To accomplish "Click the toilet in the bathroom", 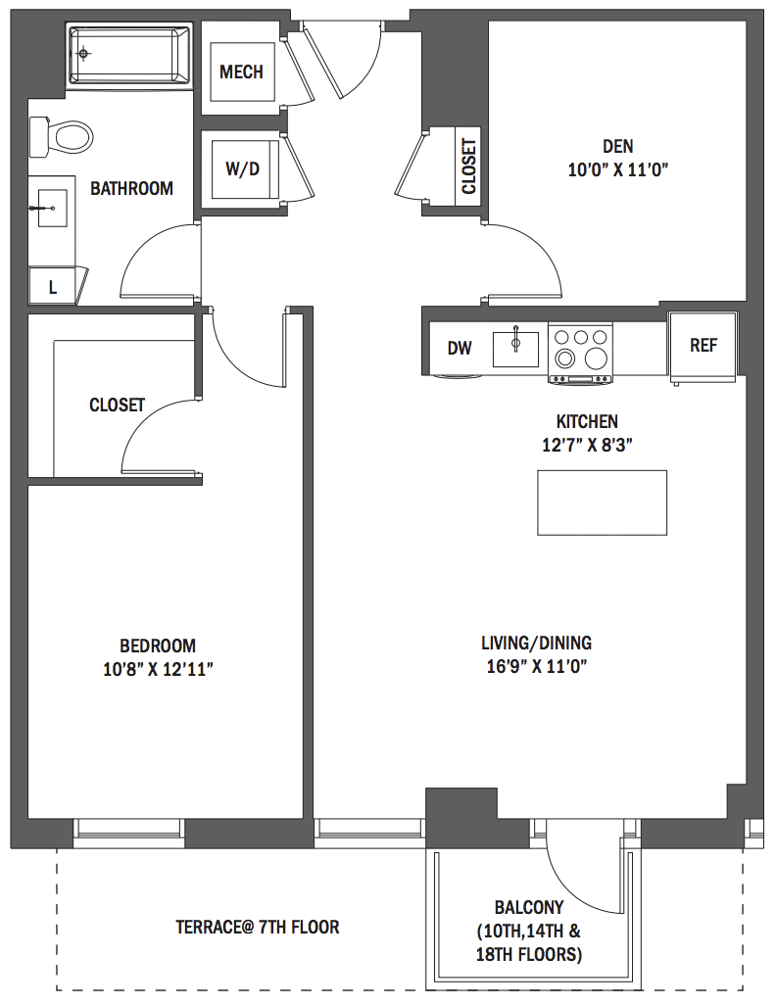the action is pyautogui.click(x=62, y=136).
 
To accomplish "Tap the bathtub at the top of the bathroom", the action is pyautogui.click(x=130, y=55).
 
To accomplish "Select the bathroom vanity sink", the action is pyautogui.click(x=51, y=208).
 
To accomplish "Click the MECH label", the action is pyautogui.click(x=241, y=72).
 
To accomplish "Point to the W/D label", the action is pyautogui.click(x=242, y=168).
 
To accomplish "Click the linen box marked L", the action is pyautogui.click(x=53, y=286).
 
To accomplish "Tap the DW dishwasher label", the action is pyautogui.click(x=460, y=348).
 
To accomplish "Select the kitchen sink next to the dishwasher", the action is pyautogui.click(x=515, y=349).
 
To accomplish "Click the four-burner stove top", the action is pyautogui.click(x=580, y=353).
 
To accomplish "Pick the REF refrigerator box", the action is pyautogui.click(x=703, y=347).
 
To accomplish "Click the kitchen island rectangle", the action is pyautogui.click(x=602, y=502).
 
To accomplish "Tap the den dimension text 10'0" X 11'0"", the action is pyautogui.click(x=618, y=170).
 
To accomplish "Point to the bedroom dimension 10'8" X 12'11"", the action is pyautogui.click(x=158, y=670).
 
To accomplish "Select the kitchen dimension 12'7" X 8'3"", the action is pyautogui.click(x=588, y=445).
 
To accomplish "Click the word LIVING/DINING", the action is pyautogui.click(x=537, y=643).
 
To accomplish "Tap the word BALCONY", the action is pyautogui.click(x=529, y=908).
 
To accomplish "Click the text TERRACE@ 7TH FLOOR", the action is pyautogui.click(x=258, y=927).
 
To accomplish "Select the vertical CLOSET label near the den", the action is pyautogui.click(x=468, y=167).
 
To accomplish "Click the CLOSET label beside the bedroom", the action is pyautogui.click(x=117, y=405).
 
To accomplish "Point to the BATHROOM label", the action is pyautogui.click(x=131, y=188).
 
